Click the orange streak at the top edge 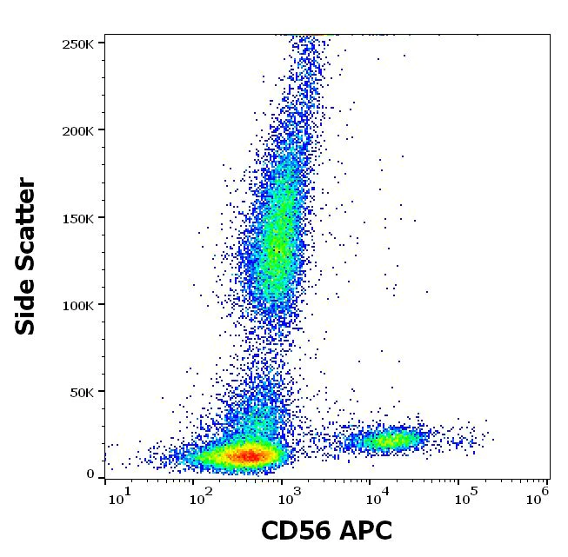(x=315, y=36)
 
